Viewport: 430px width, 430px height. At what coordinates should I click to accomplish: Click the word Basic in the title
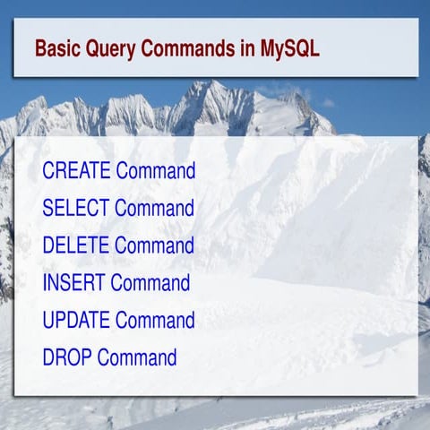(x=56, y=47)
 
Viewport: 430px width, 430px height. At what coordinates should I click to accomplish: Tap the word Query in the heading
(x=109, y=48)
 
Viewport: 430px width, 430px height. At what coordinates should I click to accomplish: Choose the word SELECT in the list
(x=76, y=208)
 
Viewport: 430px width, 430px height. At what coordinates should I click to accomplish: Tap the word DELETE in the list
(x=76, y=245)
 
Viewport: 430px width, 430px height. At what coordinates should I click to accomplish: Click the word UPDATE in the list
(x=77, y=320)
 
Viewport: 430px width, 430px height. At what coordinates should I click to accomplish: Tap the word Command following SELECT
(x=154, y=208)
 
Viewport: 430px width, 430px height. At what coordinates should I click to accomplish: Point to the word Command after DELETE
(x=154, y=245)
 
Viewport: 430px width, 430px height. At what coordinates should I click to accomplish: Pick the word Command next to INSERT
(x=150, y=283)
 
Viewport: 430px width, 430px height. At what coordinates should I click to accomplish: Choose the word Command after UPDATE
(x=155, y=320)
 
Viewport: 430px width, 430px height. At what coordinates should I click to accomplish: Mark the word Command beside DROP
(x=137, y=357)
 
